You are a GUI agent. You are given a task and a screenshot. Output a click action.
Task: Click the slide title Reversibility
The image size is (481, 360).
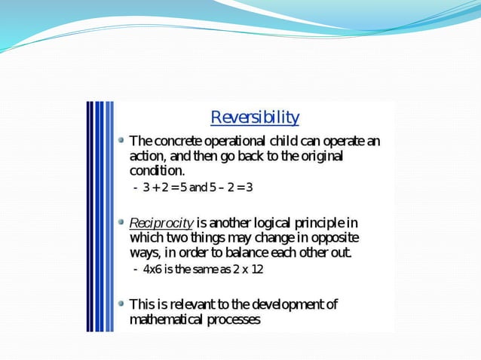point(254,117)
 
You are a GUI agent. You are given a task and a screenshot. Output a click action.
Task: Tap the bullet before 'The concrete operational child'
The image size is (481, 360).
point(121,140)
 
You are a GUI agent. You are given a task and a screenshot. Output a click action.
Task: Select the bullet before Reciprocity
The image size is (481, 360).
point(121,222)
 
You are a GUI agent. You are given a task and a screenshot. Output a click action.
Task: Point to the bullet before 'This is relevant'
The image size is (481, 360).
point(121,304)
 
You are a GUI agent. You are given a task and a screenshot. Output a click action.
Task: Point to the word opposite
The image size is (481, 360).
point(336,237)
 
